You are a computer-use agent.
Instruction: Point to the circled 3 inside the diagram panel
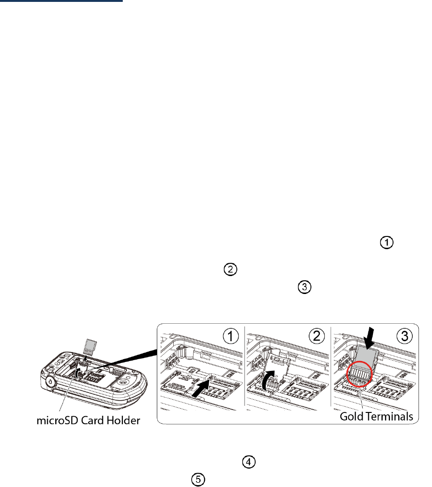point(404,337)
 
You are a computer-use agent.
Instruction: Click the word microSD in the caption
point(55,420)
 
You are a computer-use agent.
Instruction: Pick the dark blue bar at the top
point(61,1)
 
